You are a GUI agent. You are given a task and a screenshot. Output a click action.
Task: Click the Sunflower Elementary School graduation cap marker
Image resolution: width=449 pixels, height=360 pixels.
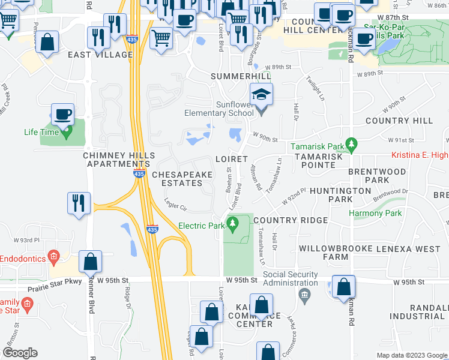262,94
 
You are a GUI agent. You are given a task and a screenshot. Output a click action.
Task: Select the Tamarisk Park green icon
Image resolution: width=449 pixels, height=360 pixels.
352,145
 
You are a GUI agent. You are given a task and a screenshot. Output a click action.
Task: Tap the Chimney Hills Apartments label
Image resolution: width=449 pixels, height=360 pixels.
116,160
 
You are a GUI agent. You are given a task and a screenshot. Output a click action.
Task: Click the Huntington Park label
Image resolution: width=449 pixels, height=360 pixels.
332,195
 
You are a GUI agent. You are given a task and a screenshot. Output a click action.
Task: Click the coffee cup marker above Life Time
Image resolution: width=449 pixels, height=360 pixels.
62,113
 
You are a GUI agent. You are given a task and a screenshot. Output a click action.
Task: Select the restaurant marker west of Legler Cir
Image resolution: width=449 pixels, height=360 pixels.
79,203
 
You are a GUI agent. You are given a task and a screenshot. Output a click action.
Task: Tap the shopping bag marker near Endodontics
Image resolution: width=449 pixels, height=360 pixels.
90,262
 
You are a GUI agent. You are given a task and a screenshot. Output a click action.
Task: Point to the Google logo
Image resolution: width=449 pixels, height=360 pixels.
20,353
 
